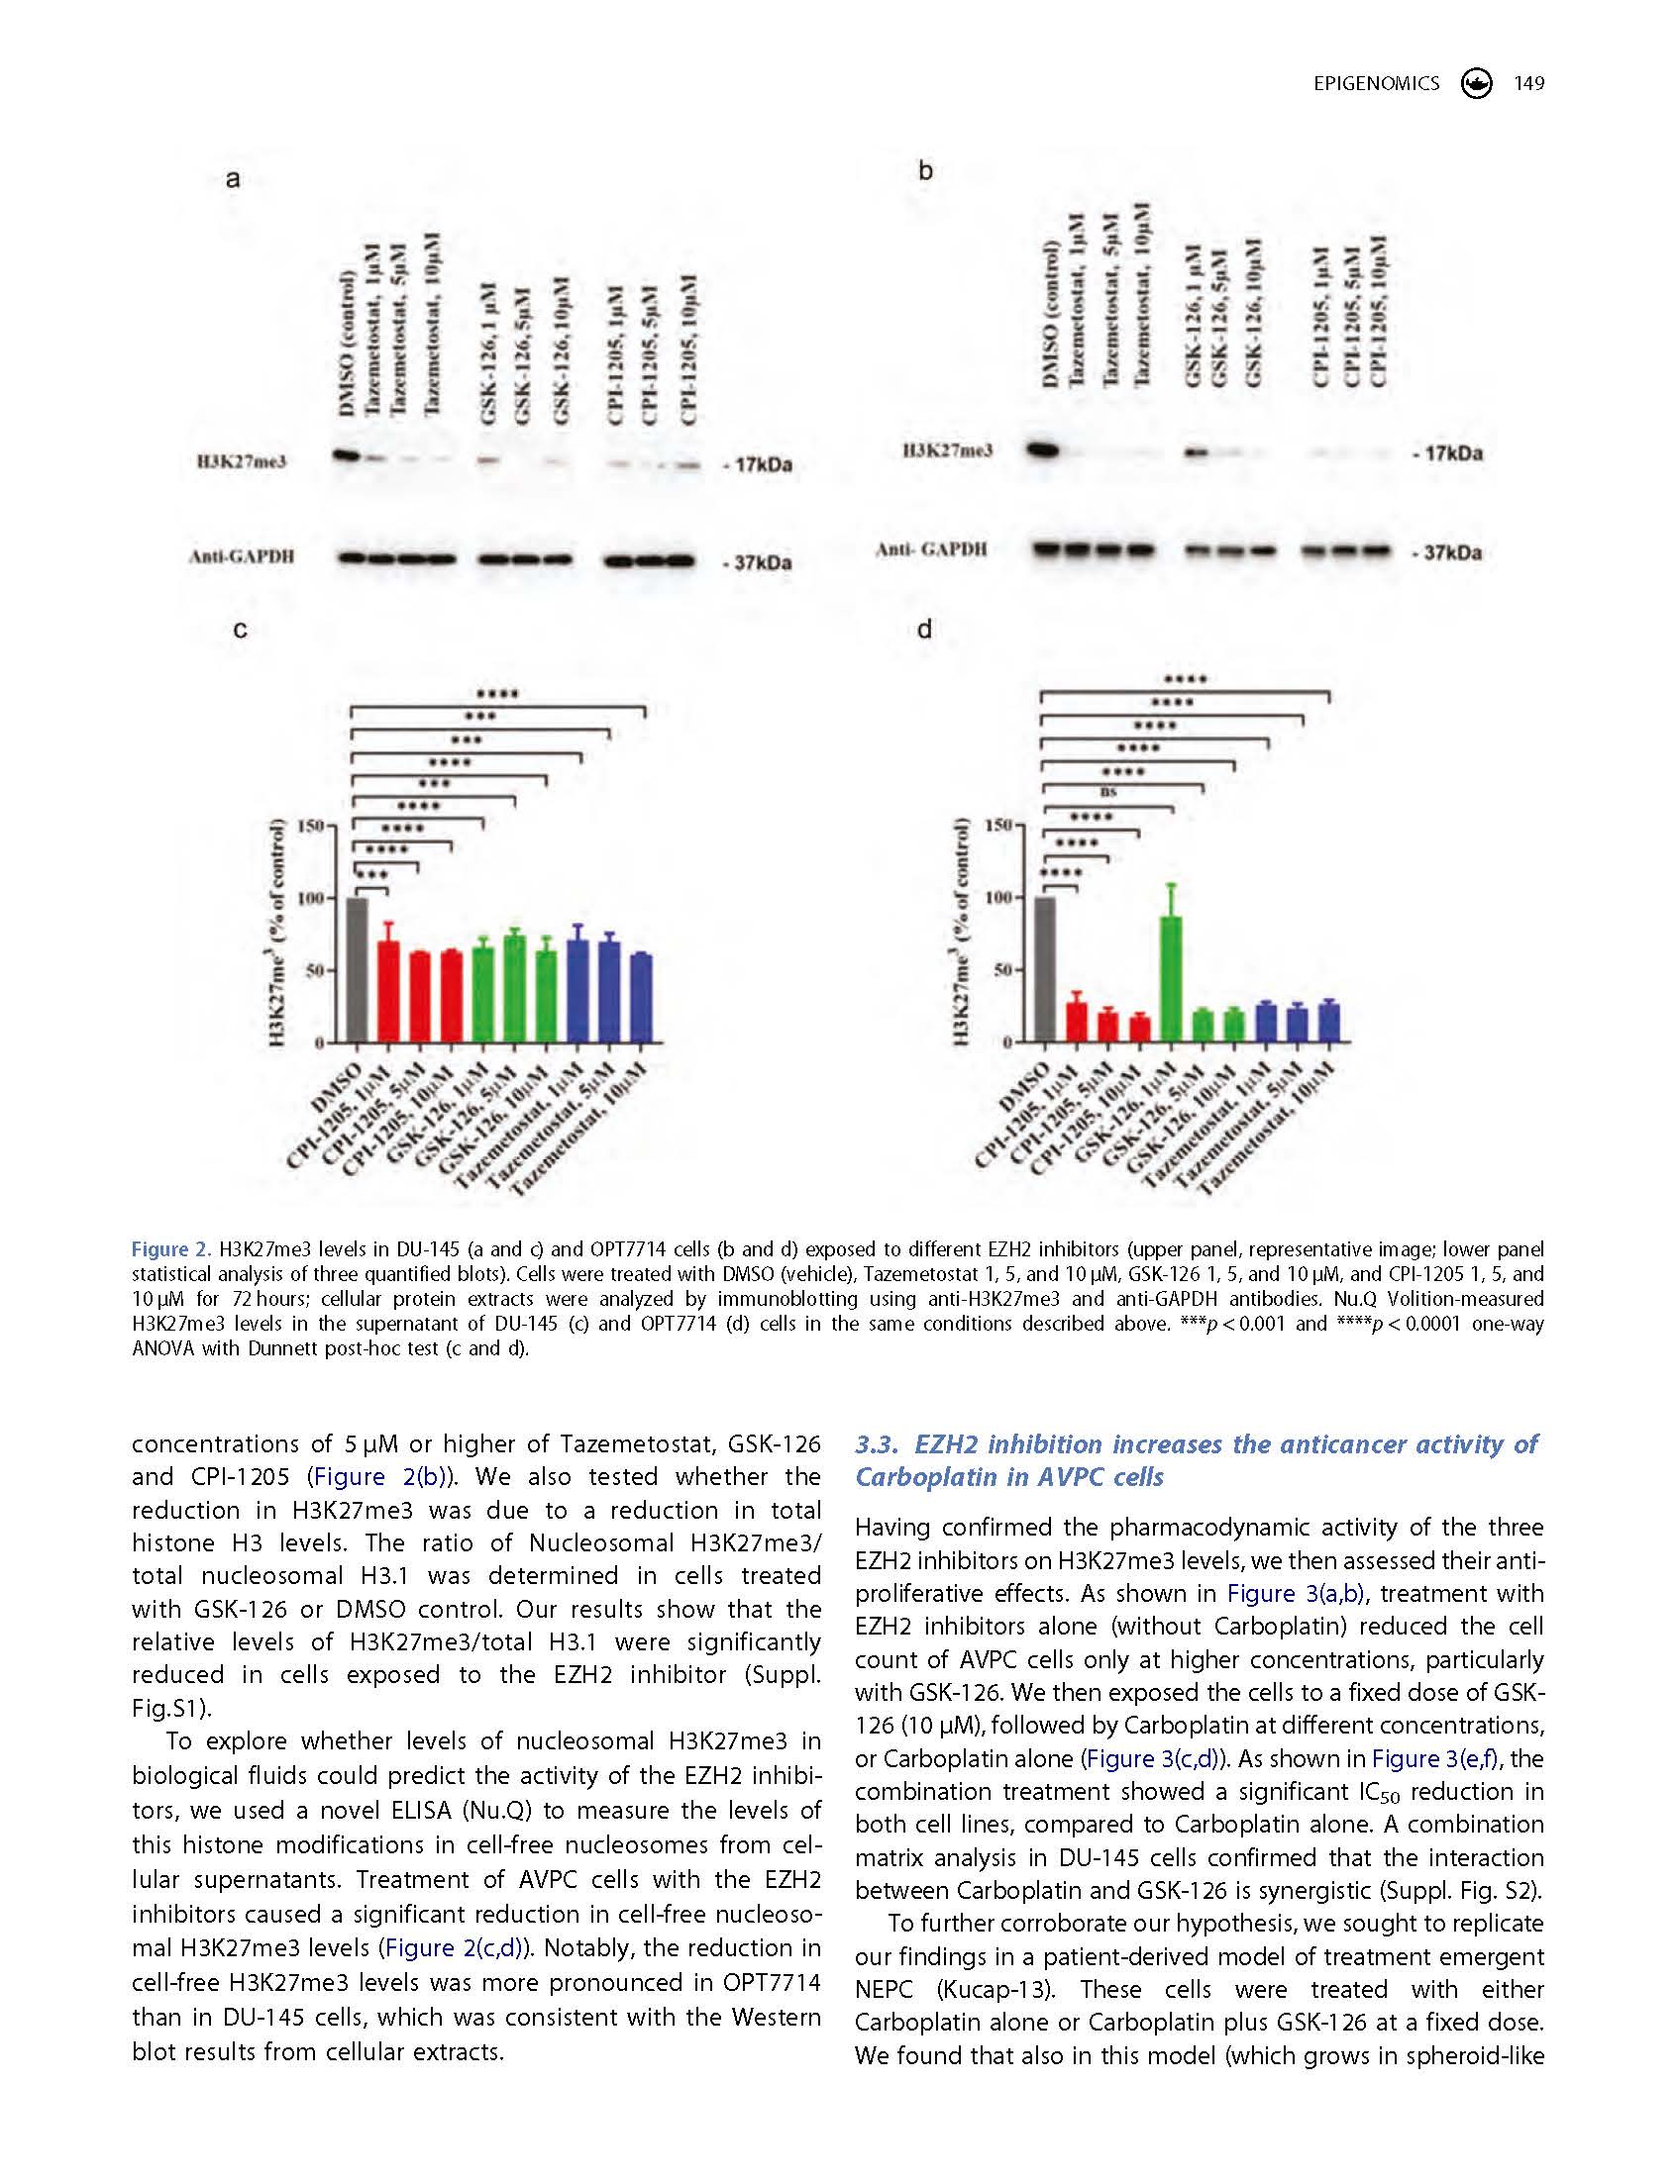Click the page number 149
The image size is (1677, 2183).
(x=1528, y=84)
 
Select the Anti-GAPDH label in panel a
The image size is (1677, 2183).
(x=242, y=557)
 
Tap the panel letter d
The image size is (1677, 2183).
(x=924, y=630)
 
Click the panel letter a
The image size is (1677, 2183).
(x=233, y=179)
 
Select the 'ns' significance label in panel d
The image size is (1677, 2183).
(x=1106, y=792)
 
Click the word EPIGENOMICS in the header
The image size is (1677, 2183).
(x=1377, y=84)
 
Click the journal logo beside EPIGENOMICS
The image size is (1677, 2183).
(x=1475, y=84)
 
